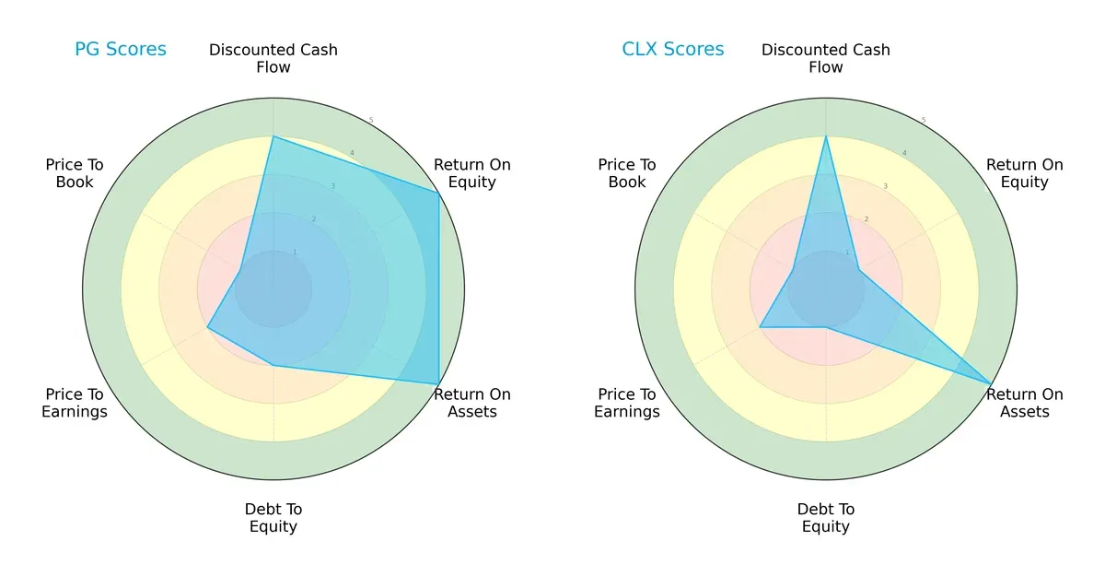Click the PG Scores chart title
pos(121,50)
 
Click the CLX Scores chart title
pos(673,50)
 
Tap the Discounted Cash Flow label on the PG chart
pos(273,58)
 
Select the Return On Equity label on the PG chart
pos(472,173)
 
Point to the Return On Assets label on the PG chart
pos(472,403)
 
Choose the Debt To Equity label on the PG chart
pos(273,518)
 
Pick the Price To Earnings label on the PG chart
pos(75,403)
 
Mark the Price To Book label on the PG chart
pos(75,173)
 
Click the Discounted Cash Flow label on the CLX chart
pos(826,58)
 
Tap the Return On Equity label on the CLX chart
pos(1025,173)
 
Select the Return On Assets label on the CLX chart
pos(1025,403)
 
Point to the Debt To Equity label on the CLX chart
pos(826,518)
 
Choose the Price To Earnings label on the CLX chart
pos(627,403)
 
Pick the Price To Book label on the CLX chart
pos(627,173)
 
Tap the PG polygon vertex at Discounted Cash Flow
pos(273,136)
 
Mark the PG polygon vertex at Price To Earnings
pos(207,327)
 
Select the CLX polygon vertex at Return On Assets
pos(991,383)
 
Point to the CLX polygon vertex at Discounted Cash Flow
pos(826,136)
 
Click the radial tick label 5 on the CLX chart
pos(924,120)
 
